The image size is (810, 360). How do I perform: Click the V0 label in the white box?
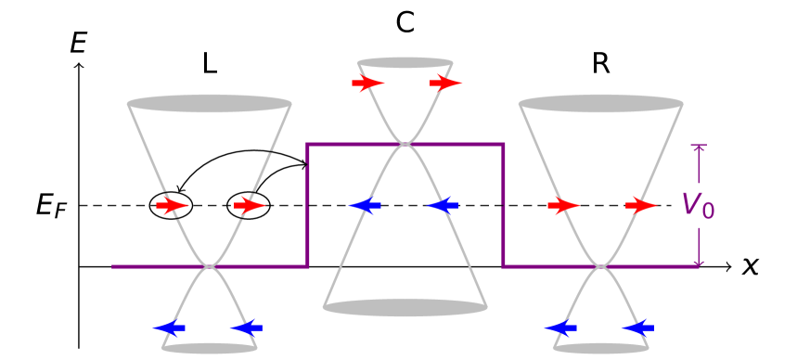coord(699,205)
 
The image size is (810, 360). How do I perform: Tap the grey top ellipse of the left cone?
coord(210,103)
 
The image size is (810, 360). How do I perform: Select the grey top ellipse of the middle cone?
coord(405,63)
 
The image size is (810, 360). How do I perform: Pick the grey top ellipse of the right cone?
coord(601,103)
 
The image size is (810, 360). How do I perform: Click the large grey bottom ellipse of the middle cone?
coord(405,307)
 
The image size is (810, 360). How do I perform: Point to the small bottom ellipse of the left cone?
coord(210,348)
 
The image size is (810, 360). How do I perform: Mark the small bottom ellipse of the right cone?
coord(601,348)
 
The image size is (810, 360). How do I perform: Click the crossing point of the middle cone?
coord(405,144)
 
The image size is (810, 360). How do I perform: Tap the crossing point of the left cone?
coord(210,267)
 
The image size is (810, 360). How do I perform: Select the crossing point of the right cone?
coord(601,267)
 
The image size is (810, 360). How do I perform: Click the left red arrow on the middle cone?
coord(367,84)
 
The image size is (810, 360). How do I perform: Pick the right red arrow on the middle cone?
coord(445,84)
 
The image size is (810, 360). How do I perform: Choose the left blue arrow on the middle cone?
coord(365,205)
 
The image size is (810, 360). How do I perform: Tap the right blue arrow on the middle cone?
coord(443,205)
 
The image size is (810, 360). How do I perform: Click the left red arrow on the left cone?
coord(172,205)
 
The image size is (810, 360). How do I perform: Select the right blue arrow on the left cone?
coord(247,328)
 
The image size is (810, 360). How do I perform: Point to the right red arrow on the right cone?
coord(641,205)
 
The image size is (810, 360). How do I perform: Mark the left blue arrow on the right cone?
coord(560,328)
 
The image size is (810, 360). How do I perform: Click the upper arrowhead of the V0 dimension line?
coord(699,148)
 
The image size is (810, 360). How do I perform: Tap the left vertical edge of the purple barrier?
coord(307,205)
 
